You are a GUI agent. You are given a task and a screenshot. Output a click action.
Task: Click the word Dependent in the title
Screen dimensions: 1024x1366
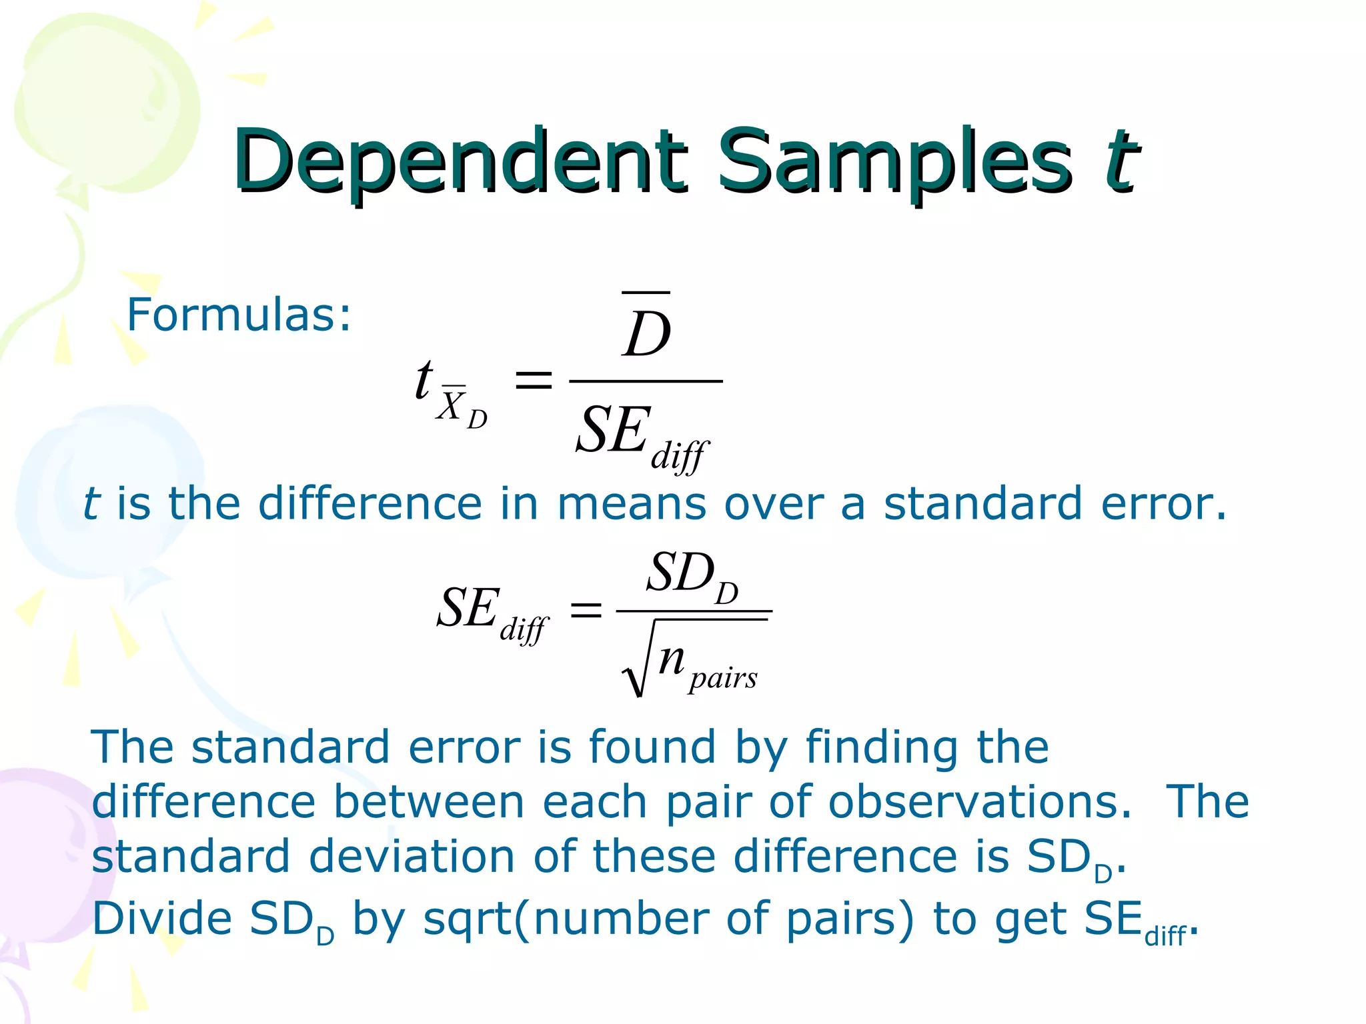click(459, 160)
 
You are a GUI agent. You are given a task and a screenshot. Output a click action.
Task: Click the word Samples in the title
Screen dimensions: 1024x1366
click(894, 160)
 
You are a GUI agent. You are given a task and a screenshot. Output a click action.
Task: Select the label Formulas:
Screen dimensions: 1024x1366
click(239, 315)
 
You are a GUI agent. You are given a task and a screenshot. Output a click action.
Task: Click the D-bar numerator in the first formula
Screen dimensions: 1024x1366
click(646, 330)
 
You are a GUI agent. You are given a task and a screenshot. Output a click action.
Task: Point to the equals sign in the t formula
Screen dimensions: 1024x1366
click(534, 381)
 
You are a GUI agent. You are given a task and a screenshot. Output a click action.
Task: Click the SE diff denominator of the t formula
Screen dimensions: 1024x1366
click(640, 435)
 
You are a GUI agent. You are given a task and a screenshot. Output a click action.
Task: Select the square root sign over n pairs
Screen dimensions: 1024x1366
click(634, 667)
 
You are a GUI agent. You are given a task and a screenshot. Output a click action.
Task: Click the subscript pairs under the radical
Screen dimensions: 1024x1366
click(723, 679)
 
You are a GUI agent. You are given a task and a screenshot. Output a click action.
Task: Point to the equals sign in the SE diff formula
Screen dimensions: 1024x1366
click(586, 609)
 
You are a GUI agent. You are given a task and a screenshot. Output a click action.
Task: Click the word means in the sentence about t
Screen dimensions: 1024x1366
click(631, 504)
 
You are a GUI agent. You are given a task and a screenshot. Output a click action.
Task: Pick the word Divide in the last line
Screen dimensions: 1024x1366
click(162, 919)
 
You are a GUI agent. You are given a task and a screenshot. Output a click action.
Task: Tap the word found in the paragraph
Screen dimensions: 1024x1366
click(652, 747)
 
